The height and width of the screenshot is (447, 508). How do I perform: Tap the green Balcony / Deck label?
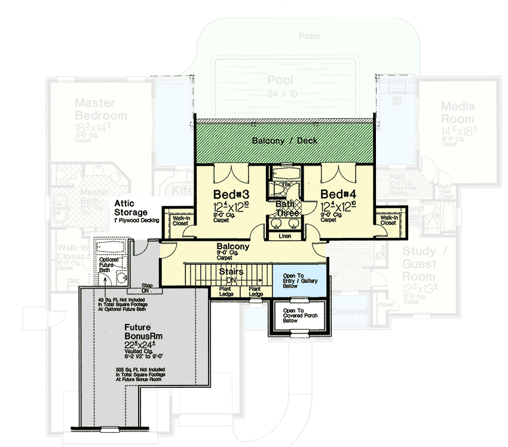[284, 140]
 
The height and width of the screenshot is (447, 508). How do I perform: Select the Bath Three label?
[284, 209]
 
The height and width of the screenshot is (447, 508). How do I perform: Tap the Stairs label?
[230, 271]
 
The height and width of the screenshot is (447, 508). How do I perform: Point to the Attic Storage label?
[131, 207]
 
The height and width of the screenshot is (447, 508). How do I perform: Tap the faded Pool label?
[280, 80]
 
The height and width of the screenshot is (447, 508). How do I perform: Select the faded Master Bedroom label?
[100, 109]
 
